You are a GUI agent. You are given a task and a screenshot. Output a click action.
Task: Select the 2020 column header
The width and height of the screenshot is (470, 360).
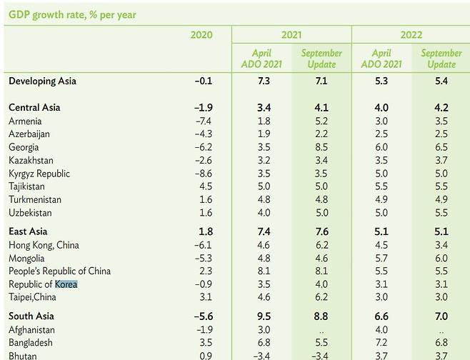201,35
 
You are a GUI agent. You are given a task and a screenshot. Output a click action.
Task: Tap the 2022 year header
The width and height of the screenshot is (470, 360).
411,35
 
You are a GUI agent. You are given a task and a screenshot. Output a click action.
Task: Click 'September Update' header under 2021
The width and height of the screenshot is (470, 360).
321,59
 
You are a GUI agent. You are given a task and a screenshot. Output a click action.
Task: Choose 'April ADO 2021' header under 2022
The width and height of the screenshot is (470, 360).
381,59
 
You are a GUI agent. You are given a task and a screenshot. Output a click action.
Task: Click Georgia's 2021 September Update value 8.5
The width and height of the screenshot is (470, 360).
321,147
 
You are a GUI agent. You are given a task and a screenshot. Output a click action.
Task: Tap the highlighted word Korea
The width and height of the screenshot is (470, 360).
66,284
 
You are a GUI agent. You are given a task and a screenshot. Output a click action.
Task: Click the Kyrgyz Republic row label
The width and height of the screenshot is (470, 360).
40,174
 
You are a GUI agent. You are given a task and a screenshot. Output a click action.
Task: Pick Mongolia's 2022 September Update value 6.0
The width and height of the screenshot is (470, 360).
441,259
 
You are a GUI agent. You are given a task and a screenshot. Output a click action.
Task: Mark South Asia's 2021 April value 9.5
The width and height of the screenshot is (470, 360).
263,316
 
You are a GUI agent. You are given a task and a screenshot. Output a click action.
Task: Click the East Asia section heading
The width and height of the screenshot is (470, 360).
28,232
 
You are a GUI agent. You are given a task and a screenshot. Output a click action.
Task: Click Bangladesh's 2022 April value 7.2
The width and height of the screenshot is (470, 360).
383,343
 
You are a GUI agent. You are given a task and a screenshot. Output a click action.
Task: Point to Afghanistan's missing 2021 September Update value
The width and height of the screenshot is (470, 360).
321,330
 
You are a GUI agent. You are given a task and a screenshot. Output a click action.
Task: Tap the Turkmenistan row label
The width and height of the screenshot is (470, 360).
36,200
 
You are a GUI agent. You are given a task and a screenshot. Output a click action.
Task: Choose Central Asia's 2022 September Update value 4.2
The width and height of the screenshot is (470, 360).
441,108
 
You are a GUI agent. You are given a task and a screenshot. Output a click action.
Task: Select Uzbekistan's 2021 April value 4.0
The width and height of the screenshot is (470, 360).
263,213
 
